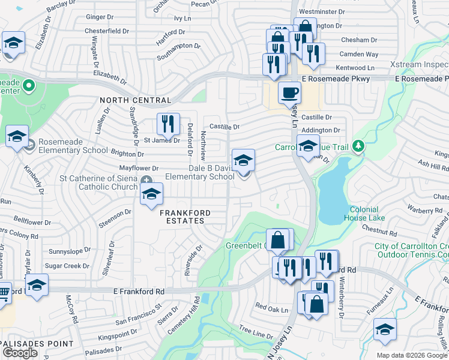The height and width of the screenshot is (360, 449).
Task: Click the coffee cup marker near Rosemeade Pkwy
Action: (290, 94)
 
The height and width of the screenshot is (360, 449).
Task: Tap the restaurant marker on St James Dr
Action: (168, 125)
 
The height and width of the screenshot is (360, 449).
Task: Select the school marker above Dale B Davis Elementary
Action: (243, 161)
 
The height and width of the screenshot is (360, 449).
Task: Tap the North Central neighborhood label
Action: (136, 100)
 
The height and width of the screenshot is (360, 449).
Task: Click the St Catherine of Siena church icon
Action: (146, 181)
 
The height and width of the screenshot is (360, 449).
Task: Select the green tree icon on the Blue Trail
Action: (358, 146)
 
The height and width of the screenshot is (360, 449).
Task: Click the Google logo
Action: (20, 353)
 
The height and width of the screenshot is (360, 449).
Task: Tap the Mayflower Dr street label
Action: (139, 169)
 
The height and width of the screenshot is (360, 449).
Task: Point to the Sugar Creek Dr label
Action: (67, 265)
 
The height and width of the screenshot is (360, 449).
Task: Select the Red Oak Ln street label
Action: (272, 307)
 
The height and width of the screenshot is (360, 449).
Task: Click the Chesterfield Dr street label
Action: (107, 31)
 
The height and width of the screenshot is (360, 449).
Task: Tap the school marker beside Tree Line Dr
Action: (385, 329)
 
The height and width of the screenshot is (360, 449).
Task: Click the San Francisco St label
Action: (139, 314)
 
